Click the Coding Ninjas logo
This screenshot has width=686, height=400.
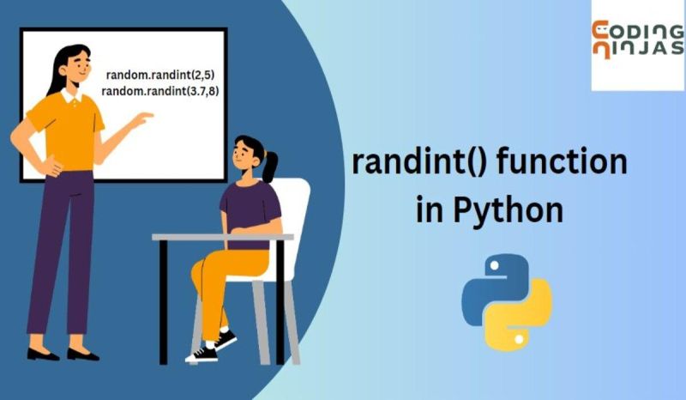click(637, 43)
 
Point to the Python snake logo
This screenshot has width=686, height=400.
click(506, 300)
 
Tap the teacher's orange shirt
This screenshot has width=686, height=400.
click(64, 129)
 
